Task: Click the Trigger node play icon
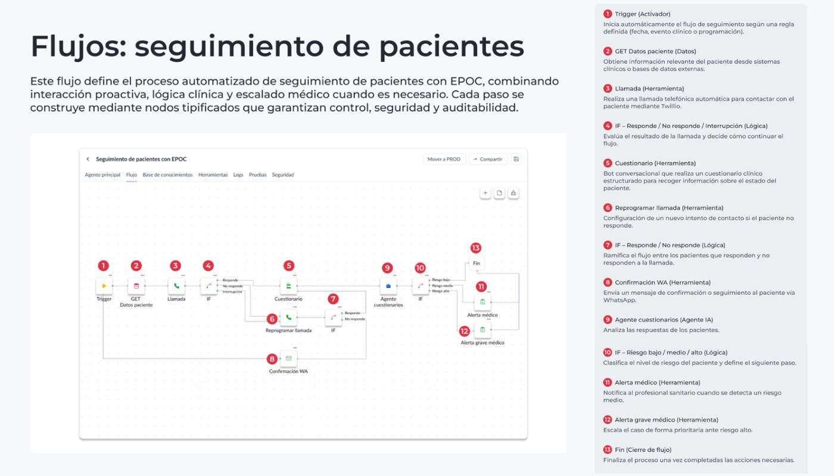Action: pyautogui.click(x=104, y=286)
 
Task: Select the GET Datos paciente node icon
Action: pyautogui.click(x=136, y=286)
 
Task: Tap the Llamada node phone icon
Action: pyautogui.click(x=176, y=286)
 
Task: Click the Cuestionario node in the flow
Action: pyautogui.click(x=288, y=286)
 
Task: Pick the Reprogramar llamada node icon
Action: pyautogui.click(x=288, y=318)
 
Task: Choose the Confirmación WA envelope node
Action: pyautogui.click(x=288, y=358)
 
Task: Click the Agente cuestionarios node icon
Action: pyautogui.click(x=388, y=286)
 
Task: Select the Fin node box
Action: pyautogui.click(x=476, y=263)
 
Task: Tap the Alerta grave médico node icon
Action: pyautogui.click(x=483, y=330)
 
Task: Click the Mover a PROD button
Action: pyautogui.click(x=444, y=159)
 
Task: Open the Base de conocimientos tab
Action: pyautogui.click(x=167, y=175)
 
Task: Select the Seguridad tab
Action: pyautogui.click(x=283, y=175)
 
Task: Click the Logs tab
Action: pyautogui.click(x=238, y=175)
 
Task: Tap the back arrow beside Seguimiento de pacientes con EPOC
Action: pyautogui.click(x=88, y=159)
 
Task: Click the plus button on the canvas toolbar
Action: pyautogui.click(x=486, y=193)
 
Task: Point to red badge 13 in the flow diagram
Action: pyautogui.click(x=475, y=248)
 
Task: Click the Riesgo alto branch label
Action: pyautogui.click(x=441, y=292)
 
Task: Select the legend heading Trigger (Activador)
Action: pyautogui.click(x=642, y=14)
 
